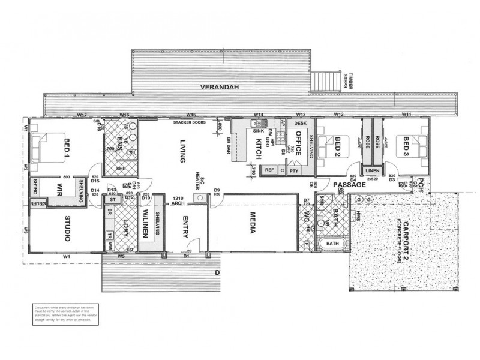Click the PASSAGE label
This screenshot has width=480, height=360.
coord(350,185)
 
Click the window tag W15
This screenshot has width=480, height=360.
coord(191,115)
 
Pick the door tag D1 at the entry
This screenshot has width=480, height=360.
coord(186,257)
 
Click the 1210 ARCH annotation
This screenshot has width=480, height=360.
coord(178,200)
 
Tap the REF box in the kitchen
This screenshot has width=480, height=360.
coord(270,170)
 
